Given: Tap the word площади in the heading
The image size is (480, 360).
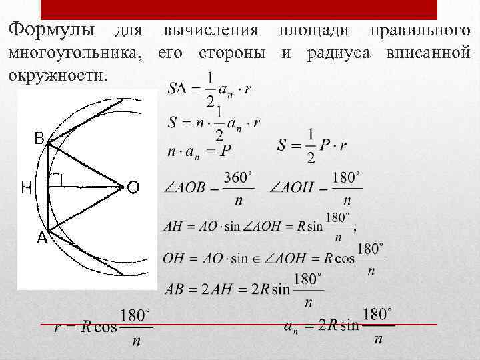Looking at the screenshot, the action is [311, 31].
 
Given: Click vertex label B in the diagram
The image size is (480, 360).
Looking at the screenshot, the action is [39, 139].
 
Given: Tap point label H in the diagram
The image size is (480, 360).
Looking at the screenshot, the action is [27, 189].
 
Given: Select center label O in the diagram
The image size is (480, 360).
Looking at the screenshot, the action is [133, 189].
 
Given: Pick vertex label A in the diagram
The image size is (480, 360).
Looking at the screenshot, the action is [41, 237].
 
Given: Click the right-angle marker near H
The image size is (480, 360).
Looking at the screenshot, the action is [57, 179].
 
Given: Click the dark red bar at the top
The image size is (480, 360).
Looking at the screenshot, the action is [239, 9].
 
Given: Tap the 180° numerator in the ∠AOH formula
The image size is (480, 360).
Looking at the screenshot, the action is [346, 178].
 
